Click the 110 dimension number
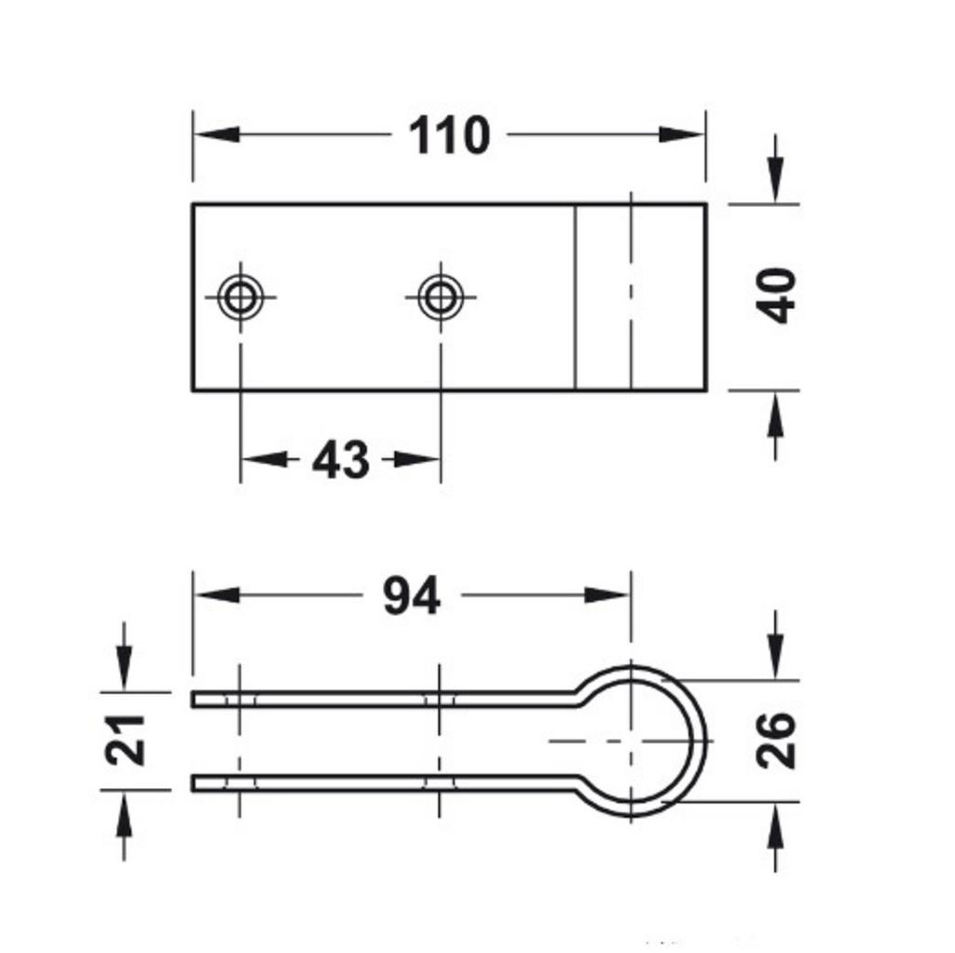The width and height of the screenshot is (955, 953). pyautogui.click(x=449, y=136)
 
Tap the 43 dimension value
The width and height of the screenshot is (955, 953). pyautogui.click(x=340, y=460)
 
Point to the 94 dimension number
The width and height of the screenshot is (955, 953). pyautogui.click(x=411, y=596)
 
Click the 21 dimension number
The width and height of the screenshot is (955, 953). pyautogui.click(x=125, y=740)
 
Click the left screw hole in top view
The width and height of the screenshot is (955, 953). pyautogui.click(x=241, y=298)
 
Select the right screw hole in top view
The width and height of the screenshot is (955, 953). pyautogui.click(x=440, y=298)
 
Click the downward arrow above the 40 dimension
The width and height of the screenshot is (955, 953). pyautogui.click(x=775, y=182)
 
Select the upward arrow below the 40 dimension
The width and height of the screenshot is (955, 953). pyautogui.click(x=775, y=414)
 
